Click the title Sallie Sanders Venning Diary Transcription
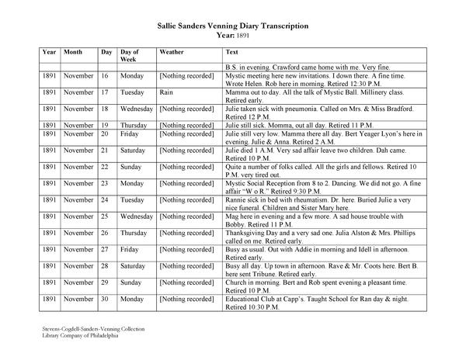pyautogui.click(x=233, y=26)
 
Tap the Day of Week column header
pyautogui.click(x=130, y=55)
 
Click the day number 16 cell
pyautogui.click(x=105, y=77)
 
